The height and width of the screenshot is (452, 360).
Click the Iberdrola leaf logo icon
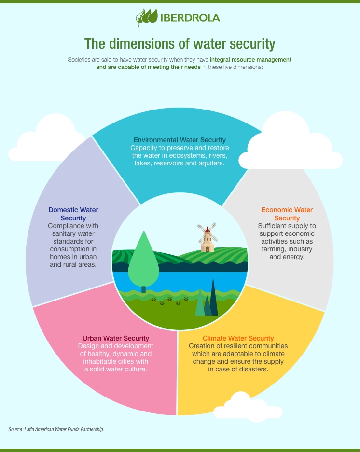(x=147, y=17)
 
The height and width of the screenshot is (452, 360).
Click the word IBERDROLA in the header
(x=190, y=18)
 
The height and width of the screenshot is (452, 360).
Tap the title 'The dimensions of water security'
(x=180, y=44)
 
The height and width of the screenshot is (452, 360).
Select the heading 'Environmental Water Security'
(x=180, y=140)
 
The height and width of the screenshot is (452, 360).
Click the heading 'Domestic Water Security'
(x=73, y=214)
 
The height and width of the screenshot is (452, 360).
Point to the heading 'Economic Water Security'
(x=287, y=214)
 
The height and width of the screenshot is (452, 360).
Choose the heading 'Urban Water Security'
(x=115, y=338)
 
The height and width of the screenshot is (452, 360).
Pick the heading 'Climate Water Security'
(x=238, y=338)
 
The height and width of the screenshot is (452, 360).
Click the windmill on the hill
(x=208, y=237)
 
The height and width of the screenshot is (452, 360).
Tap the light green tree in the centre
(x=144, y=261)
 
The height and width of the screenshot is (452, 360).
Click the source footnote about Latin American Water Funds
(x=56, y=429)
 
